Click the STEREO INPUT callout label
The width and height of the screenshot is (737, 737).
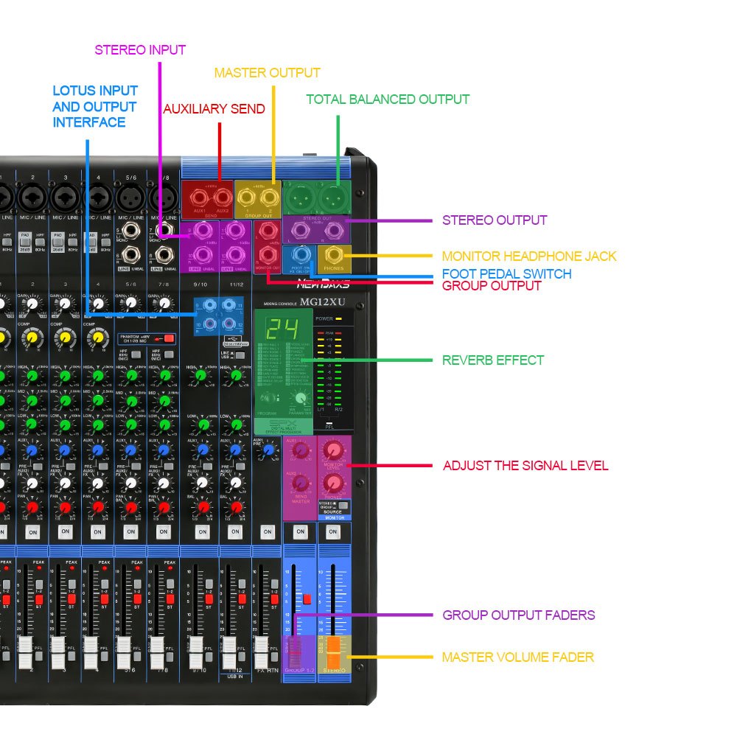coord(140,50)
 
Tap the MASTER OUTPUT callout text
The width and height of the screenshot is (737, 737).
coord(267,73)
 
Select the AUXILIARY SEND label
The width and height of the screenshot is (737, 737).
coord(214,109)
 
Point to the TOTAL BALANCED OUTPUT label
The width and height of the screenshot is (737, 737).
coord(388,99)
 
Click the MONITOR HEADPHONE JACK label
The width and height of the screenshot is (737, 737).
coord(529,256)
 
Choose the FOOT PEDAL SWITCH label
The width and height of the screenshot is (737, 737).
coord(506,273)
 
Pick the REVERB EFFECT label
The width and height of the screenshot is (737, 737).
coord(493,360)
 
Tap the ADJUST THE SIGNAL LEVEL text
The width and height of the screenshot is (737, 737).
coord(525,466)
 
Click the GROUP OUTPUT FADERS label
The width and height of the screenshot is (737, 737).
coord(518,615)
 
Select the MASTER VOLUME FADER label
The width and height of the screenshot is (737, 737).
coord(517,657)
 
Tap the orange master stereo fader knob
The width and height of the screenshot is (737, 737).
coord(333,646)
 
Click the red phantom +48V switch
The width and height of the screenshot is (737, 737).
coord(169,338)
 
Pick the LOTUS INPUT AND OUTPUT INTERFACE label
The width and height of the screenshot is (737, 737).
coord(94,106)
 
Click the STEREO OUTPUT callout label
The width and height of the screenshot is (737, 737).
coord(495,220)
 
